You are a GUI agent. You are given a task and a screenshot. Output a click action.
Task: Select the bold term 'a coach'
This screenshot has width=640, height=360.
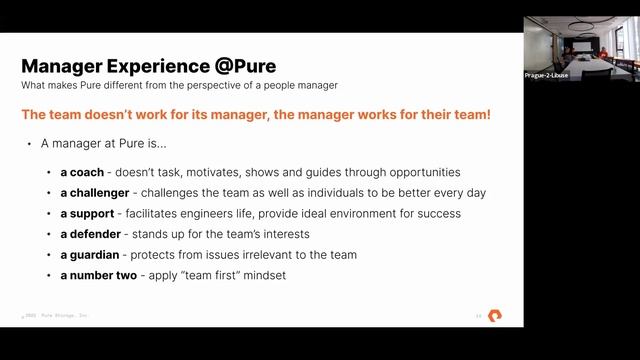pyautogui.click(x=82, y=172)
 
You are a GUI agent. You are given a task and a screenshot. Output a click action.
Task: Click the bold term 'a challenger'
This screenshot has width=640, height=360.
pyautogui.click(x=98, y=192)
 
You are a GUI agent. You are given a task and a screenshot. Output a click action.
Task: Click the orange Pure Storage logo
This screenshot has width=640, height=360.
pyautogui.click(x=495, y=316)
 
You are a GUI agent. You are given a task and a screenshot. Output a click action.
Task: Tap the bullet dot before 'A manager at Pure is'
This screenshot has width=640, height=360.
pyautogui.click(x=29, y=145)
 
